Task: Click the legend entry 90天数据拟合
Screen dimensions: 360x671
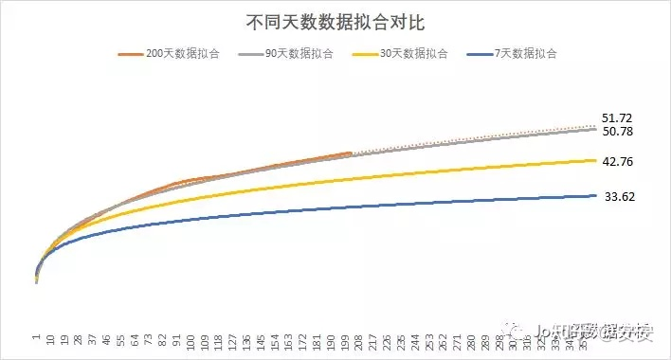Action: pyautogui.click(x=290, y=54)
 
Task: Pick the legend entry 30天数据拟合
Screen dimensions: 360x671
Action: pyautogui.click(x=408, y=54)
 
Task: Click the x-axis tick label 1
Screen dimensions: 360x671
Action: pyautogui.click(x=36, y=335)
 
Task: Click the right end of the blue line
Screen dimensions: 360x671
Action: pyautogui.click(x=595, y=195)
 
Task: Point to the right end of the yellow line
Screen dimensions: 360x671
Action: pyautogui.click(x=595, y=160)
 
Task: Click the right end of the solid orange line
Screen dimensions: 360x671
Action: pyautogui.click(x=351, y=153)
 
